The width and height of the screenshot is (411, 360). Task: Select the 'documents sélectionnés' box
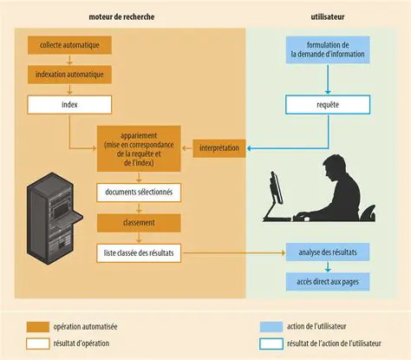tap(139, 191)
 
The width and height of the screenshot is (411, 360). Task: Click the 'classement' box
tap(139, 222)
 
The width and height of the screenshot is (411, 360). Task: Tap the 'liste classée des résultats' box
tap(139, 252)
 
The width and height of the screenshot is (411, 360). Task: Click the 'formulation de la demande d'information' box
tap(328, 49)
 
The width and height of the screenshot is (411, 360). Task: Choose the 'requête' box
tap(328, 105)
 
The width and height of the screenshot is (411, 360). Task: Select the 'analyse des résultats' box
tap(328, 252)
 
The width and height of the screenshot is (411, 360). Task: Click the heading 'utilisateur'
tap(328, 16)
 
